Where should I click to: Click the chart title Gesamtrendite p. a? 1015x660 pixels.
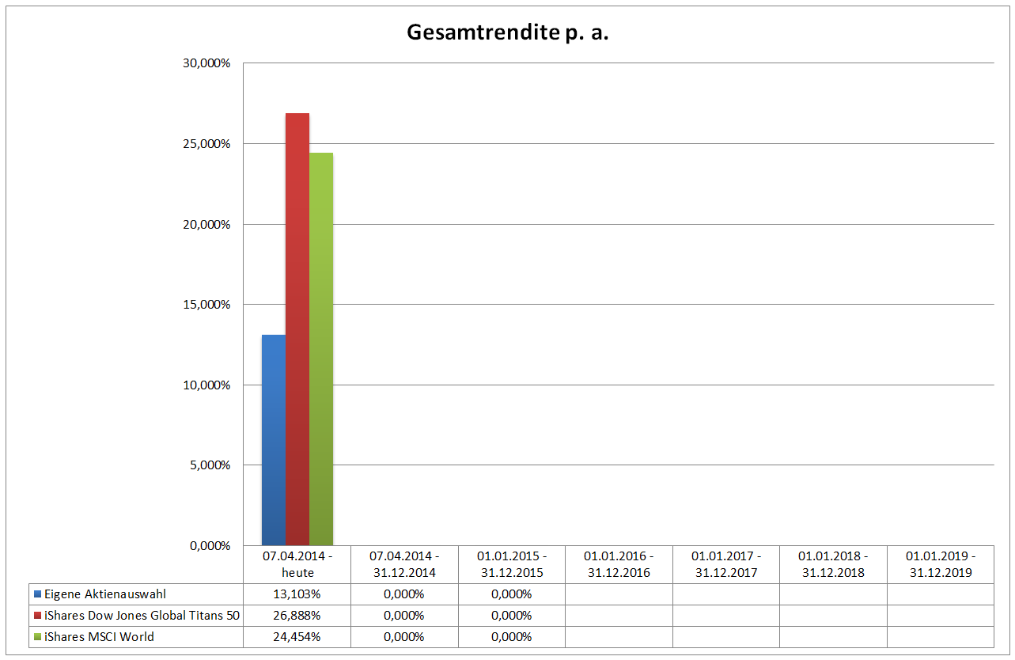[507, 32]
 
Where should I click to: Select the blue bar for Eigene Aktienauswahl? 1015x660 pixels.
[274, 440]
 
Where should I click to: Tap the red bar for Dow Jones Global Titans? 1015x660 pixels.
[297, 329]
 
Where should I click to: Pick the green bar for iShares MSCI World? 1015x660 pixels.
[321, 349]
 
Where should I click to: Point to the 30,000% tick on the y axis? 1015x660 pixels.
[206, 63]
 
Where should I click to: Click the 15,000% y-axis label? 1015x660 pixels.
[206, 305]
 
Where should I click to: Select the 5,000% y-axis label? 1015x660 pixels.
[210, 465]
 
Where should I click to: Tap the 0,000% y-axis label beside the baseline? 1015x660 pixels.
[210, 546]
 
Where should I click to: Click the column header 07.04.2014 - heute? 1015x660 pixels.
[297, 564]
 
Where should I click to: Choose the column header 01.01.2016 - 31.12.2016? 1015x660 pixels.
[619, 564]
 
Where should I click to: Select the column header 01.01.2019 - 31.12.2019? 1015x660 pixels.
[941, 564]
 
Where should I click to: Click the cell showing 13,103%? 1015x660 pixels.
[297, 594]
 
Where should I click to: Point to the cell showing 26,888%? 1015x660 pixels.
[297, 616]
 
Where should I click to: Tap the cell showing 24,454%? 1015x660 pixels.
[297, 637]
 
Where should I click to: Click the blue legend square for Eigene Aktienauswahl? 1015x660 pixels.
[38, 594]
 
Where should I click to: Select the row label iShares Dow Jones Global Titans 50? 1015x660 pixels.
[142, 616]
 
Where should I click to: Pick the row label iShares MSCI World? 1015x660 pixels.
[99, 637]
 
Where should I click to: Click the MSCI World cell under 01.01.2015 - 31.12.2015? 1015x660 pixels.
[512, 637]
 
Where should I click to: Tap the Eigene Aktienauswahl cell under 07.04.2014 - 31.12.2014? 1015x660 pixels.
[404, 594]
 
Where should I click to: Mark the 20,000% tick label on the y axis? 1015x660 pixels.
[206, 225]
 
